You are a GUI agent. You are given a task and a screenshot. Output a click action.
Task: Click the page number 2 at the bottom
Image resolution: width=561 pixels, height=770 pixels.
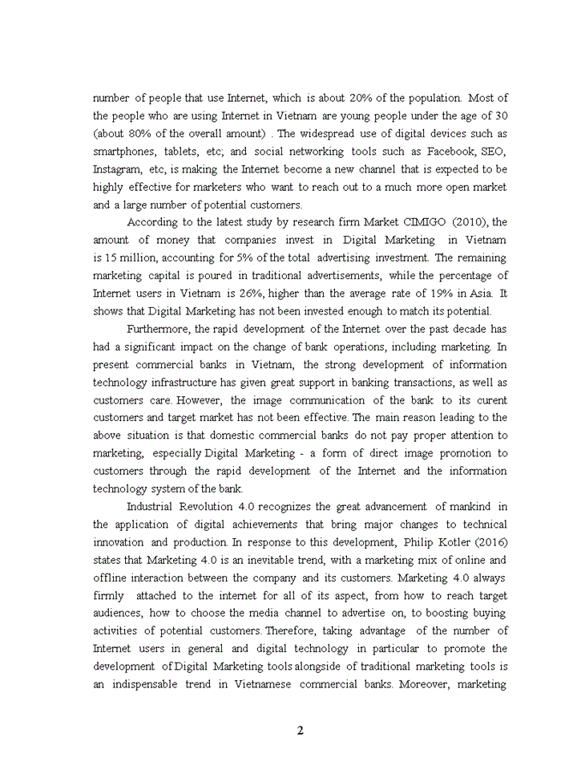tap(300, 730)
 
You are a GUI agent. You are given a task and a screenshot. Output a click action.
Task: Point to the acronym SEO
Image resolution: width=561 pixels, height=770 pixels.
tap(490, 151)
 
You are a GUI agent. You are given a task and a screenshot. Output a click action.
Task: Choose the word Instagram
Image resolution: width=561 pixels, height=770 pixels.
tap(117, 168)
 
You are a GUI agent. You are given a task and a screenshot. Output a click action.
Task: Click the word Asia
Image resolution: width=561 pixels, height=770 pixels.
tap(474, 293)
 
